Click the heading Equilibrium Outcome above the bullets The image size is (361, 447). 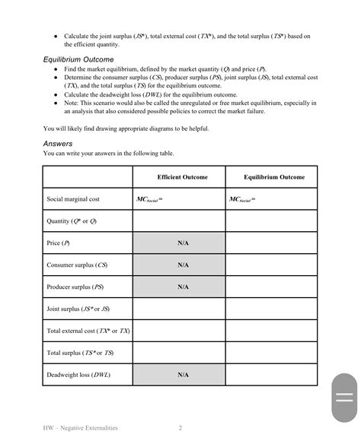click(78, 59)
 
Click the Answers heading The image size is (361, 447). click(60, 143)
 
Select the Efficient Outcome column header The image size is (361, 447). click(179, 177)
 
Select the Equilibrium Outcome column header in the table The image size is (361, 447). click(274, 177)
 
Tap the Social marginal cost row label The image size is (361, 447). click(73, 199)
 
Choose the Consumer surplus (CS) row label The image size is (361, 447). click(76, 265)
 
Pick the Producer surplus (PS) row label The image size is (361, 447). click(75, 287)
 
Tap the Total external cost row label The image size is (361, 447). click(88, 331)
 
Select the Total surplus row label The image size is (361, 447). click(79, 353)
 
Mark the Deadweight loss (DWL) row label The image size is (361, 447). click(78, 376)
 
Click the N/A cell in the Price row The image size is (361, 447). click(183, 243)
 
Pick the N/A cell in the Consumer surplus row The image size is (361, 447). click(183, 265)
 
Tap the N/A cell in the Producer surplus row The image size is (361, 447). click(183, 287)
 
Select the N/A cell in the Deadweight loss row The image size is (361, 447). click(183, 376)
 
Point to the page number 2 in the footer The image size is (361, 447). click(180, 428)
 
